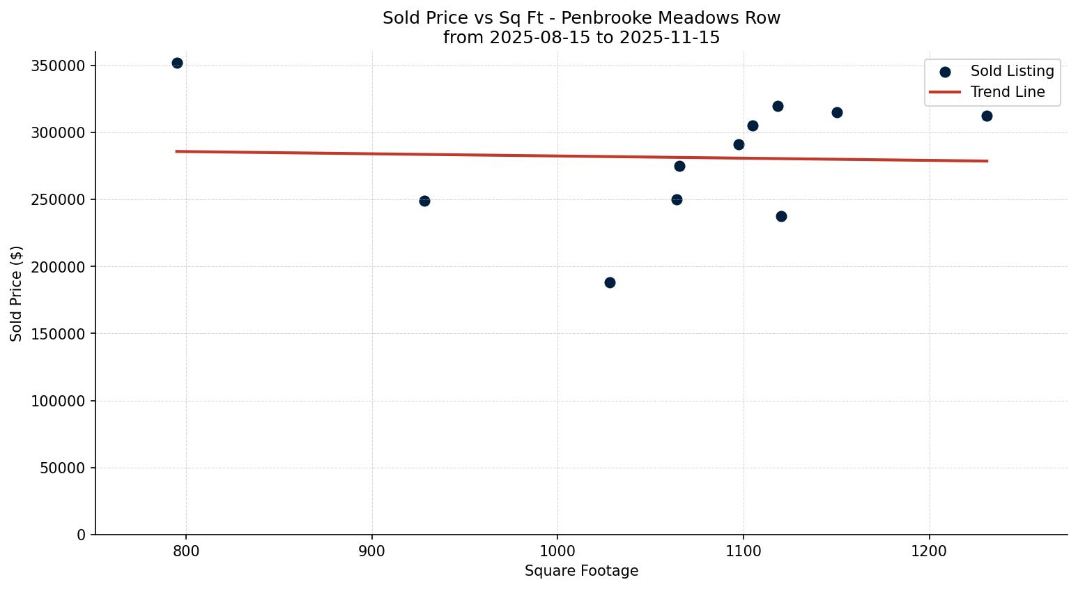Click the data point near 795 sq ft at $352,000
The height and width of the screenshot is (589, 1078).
point(177,63)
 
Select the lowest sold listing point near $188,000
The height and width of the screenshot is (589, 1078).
point(610,282)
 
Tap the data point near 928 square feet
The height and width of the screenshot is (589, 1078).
point(424,201)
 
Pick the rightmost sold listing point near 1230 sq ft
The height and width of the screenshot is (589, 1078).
point(987,116)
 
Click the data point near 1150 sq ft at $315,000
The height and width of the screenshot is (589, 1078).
point(837,112)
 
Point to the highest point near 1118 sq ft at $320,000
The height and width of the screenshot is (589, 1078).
point(778,106)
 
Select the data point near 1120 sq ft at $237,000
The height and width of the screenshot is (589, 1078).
point(781,216)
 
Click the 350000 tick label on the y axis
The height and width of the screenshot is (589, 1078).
point(59,66)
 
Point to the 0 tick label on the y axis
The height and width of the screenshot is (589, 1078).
point(82,535)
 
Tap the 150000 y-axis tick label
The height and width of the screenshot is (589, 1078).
point(59,334)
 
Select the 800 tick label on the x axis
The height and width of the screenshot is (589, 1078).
point(186,551)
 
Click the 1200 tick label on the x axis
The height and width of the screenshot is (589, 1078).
point(929,551)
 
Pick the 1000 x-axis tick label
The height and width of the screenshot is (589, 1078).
point(557,551)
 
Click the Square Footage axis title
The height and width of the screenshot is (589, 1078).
point(581,571)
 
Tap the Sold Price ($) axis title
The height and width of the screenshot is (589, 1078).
point(17,293)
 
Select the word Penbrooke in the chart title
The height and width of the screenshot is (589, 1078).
point(612,18)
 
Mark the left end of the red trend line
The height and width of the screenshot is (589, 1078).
point(176,151)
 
